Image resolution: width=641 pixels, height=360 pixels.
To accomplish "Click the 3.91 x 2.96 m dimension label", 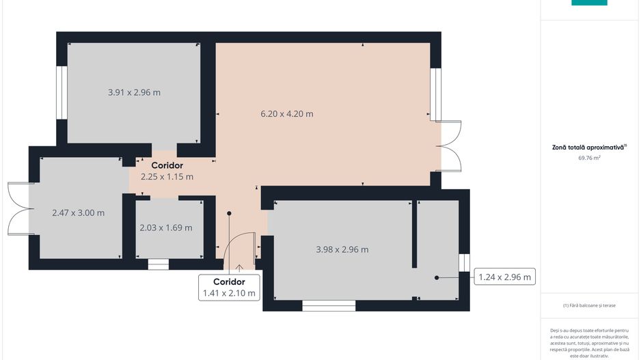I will coord(134,92).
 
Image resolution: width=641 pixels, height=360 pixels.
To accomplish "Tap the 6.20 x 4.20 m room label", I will coord(287,114).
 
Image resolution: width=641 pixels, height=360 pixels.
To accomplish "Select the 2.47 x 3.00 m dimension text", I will coord(79,212).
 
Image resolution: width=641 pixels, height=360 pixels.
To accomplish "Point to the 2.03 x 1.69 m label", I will coord(166,227).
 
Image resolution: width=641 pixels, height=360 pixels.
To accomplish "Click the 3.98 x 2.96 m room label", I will coord(342,249).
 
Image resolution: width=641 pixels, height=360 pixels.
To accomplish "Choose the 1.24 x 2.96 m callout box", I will coord(505,277).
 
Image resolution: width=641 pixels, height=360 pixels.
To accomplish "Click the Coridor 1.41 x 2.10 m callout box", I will coord(229,288).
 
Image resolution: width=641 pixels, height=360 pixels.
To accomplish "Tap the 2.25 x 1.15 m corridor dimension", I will coord(167,176).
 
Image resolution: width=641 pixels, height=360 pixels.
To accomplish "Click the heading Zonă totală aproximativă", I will coord(589,147).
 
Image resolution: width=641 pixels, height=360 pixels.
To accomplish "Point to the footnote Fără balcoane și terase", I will coord(589,305).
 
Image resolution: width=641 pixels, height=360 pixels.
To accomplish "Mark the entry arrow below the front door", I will coord(239,268).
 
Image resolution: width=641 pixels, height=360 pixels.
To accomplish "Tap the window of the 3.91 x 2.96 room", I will coord(62,92).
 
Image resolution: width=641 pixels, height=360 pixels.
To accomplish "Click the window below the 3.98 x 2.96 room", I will coord(329,305).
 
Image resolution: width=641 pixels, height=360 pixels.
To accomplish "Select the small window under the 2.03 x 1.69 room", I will coord(158,264).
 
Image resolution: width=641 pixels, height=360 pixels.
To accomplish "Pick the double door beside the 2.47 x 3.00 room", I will coord(18,208).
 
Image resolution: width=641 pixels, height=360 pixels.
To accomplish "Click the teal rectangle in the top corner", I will coord(589,3).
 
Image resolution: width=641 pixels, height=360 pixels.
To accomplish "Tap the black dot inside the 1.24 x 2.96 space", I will coord(437,277).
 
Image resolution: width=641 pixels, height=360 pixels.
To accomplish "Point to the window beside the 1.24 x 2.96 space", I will coord(464,262).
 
